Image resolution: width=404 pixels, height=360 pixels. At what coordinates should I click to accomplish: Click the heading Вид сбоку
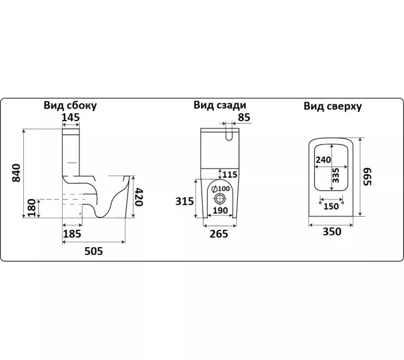point(70,106)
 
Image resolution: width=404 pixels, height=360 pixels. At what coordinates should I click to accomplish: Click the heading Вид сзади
point(220,105)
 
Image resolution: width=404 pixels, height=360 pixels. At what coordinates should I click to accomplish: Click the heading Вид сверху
point(333,106)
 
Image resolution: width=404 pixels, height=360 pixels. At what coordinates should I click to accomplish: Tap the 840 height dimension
point(16,173)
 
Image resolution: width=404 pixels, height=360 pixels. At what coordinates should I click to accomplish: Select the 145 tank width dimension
point(71,118)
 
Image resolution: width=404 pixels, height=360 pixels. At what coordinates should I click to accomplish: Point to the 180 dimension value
point(32,208)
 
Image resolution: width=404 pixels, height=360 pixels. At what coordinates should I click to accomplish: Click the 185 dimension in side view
point(72,234)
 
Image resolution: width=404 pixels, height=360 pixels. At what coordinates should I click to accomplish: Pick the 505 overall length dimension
point(93,251)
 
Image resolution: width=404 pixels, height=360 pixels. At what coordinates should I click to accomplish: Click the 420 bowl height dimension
point(139,197)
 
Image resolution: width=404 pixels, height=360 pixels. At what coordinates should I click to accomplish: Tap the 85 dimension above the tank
point(244,117)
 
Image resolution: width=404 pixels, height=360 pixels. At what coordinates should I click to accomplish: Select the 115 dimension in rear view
point(230,175)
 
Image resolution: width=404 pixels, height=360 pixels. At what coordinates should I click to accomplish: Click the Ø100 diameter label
point(220,189)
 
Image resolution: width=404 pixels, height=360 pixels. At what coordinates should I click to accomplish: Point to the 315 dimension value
point(184,201)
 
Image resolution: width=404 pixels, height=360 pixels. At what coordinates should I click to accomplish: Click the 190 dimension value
point(220,211)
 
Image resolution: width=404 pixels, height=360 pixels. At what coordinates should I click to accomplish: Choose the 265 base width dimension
point(218,234)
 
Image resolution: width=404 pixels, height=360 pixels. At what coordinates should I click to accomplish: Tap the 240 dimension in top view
point(323,160)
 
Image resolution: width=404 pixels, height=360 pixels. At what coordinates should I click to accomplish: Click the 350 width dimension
point(332,232)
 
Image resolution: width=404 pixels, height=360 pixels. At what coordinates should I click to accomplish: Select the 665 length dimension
point(367,177)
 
